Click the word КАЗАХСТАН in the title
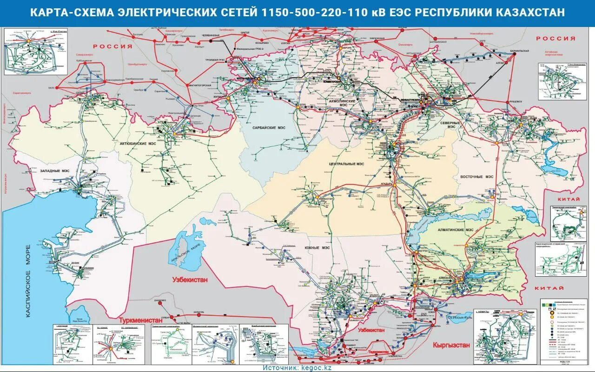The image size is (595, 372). (x=531, y=13)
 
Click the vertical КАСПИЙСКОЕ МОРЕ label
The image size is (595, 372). (x=28, y=281)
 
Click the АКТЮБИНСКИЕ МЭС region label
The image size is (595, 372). (x=139, y=144)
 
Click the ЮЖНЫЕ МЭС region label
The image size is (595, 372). (x=317, y=247)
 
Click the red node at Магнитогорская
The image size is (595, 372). (x=188, y=86)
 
